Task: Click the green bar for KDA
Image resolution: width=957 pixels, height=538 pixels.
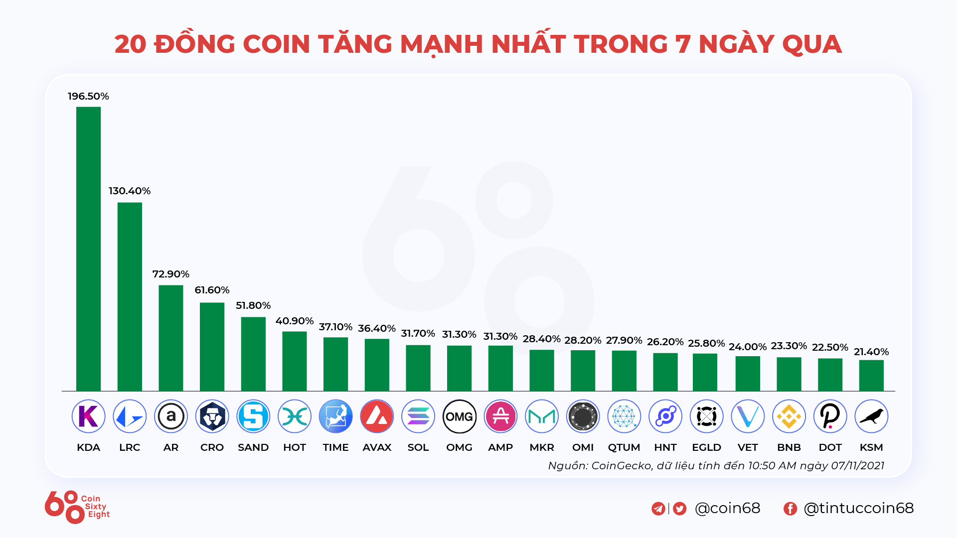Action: [x=88, y=249]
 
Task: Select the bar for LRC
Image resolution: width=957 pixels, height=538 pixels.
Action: [x=130, y=296]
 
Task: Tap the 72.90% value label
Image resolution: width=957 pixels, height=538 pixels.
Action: [x=170, y=274]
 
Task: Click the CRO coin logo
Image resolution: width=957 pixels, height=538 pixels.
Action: [x=212, y=416]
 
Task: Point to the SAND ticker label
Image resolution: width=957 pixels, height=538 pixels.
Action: [x=253, y=447]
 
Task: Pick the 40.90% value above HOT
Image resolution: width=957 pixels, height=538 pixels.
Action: [x=294, y=321]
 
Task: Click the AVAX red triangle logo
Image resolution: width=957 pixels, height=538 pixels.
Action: [x=377, y=416]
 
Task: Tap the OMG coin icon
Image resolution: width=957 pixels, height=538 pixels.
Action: [x=459, y=416]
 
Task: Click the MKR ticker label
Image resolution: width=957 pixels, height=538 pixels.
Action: [x=542, y=447]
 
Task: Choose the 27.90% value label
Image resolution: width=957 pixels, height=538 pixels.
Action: [x=624, y=340]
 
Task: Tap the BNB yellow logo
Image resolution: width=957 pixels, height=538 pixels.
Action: [x=789, y=416]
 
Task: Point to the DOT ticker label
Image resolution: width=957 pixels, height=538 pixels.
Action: [x=830, y=447]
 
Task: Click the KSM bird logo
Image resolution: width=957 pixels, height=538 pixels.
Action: [x=871, y=416]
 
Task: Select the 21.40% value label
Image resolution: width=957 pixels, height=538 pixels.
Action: [x=871, y=352]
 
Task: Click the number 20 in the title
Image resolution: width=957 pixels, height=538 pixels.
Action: [x=130, y=44]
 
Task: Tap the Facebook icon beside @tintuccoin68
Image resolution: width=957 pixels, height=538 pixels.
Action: [x=790, y=508]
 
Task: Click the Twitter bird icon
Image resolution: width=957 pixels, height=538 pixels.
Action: [x=679, y=508]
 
